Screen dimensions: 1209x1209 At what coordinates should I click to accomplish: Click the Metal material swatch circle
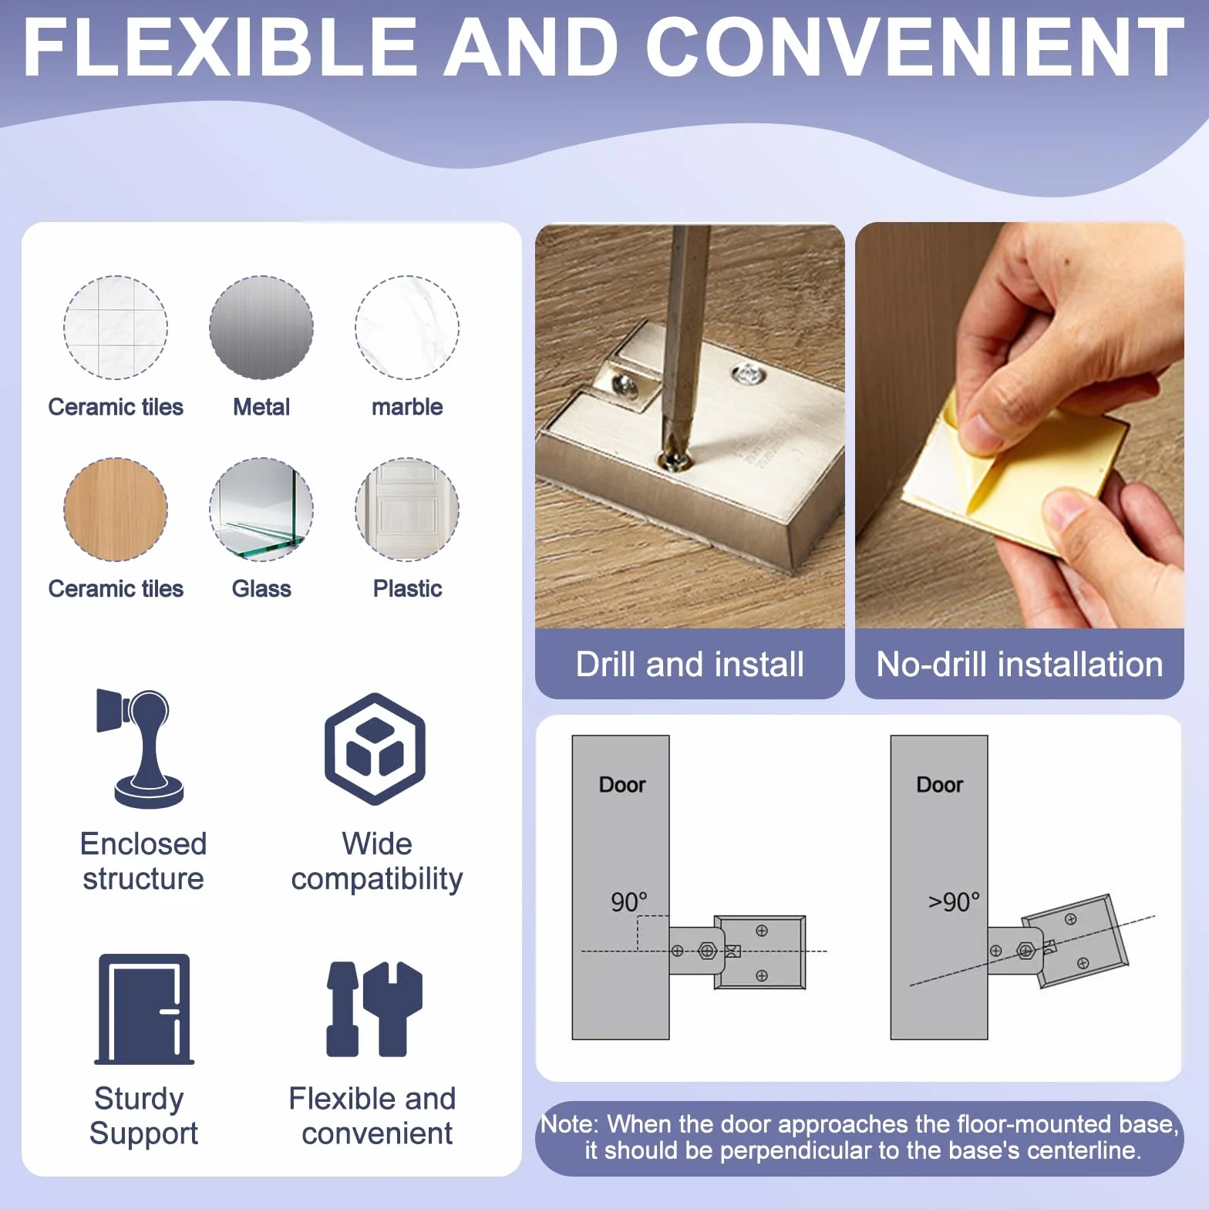pyautogui.click(x=261, y=328)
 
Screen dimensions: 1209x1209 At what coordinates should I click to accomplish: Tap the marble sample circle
pyautogui.click(x=407, y=328)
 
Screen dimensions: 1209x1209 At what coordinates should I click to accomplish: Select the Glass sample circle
pyautogui.click(x=261, y=510)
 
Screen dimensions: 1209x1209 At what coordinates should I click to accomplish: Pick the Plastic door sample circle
pyautogui.click(x=407, y=510)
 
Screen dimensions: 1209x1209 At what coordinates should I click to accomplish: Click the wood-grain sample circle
pyautogui.click(x=116, y=510)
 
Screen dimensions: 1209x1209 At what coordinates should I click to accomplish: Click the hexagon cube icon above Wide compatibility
pyautogui.click(x=375, y=749)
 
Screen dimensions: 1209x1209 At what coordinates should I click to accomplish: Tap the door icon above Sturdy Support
pyautogui.click(x=144, y=1009)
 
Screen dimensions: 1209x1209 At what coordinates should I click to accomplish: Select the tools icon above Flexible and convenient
pyautogui.click(x=375, y=1009)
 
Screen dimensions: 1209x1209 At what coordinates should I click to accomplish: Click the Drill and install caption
pyautogui.click(x=690, y=664)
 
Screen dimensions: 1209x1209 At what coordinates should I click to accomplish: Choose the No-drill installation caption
pyautogui.click(x=1019, y=664)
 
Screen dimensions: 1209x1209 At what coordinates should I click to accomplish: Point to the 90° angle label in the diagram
pyautogui.click(x=628, y=901)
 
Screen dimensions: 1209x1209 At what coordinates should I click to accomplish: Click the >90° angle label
pyautogui.click(x=954, y=901)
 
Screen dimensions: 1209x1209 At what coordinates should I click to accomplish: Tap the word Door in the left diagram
pyautogui.click(x=622, y=785)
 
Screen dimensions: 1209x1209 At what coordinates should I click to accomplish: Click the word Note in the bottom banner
pyautogui.click(x=567, y=1124)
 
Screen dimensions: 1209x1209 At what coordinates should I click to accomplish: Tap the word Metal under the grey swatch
pyautogui.click(x=261, y=407)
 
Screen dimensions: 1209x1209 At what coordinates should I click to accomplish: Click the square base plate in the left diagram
pyautogui.click(x=760, y=952)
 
